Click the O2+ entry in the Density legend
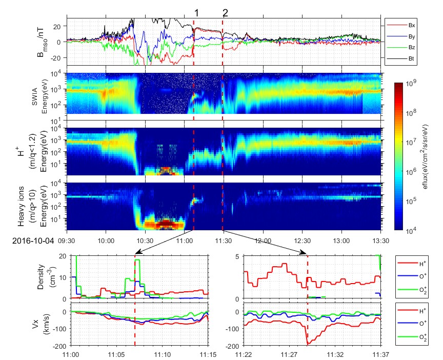[414, 291]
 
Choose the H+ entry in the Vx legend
[414, 310]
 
